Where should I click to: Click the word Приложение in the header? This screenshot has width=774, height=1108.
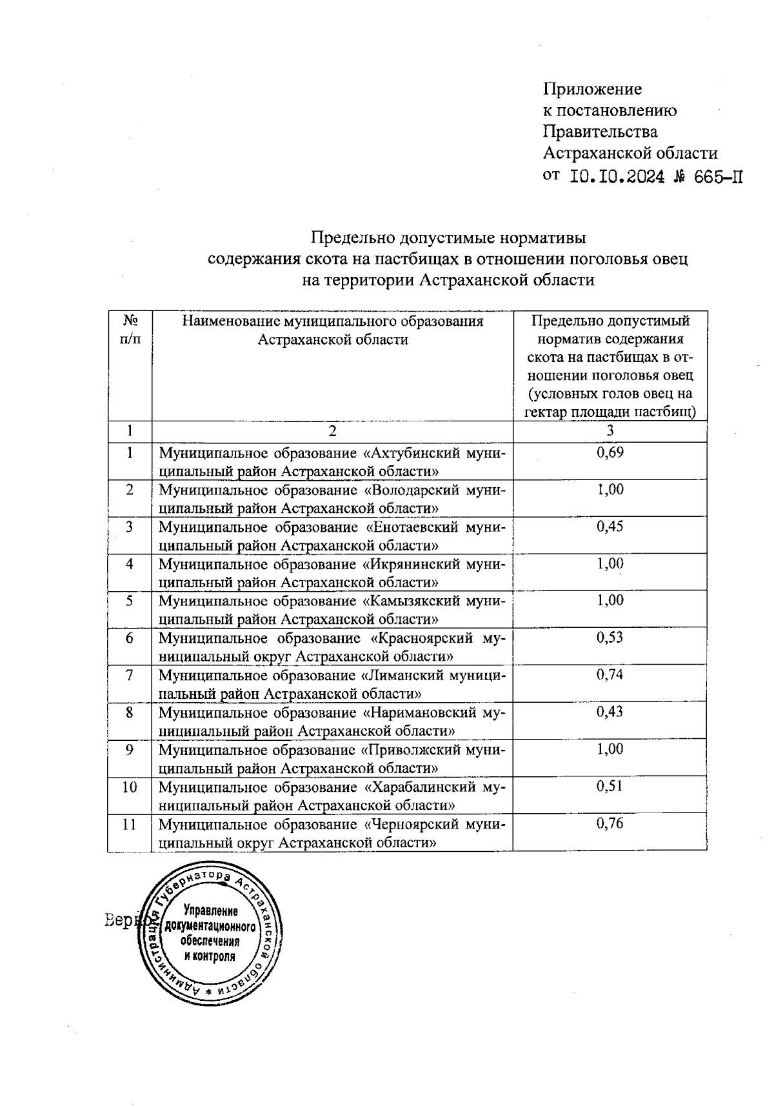click(592, 89)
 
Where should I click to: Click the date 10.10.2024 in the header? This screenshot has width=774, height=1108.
click(617, 176)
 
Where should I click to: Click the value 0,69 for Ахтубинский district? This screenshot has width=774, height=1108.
click(610, 452)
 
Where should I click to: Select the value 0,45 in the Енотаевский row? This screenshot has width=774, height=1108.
click(610, 527)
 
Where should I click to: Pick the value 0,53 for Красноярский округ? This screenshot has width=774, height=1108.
click(610, 638)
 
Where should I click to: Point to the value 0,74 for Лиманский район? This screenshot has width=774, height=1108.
click(610, 675)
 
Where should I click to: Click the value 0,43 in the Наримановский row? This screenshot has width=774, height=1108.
click(610, 712)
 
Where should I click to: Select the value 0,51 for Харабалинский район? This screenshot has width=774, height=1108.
click(610, 787)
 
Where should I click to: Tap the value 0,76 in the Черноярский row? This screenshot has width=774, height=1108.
click(610, 824)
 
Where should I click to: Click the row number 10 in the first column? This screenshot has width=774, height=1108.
click(130, 787)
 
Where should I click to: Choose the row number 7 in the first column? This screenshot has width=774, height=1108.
click(130, 676)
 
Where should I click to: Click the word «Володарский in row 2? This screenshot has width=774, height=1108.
click(408, 490)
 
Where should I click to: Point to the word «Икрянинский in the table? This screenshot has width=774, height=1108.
click(408, 564)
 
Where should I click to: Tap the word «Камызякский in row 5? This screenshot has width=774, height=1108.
click(408, 601)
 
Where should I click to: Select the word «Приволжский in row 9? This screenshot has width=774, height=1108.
click(408, 750)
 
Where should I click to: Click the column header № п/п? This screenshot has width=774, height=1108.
click(130, 330)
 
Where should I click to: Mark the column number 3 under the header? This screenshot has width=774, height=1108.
click(610, 431)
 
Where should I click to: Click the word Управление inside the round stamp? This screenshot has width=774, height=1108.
click(211, 911)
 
